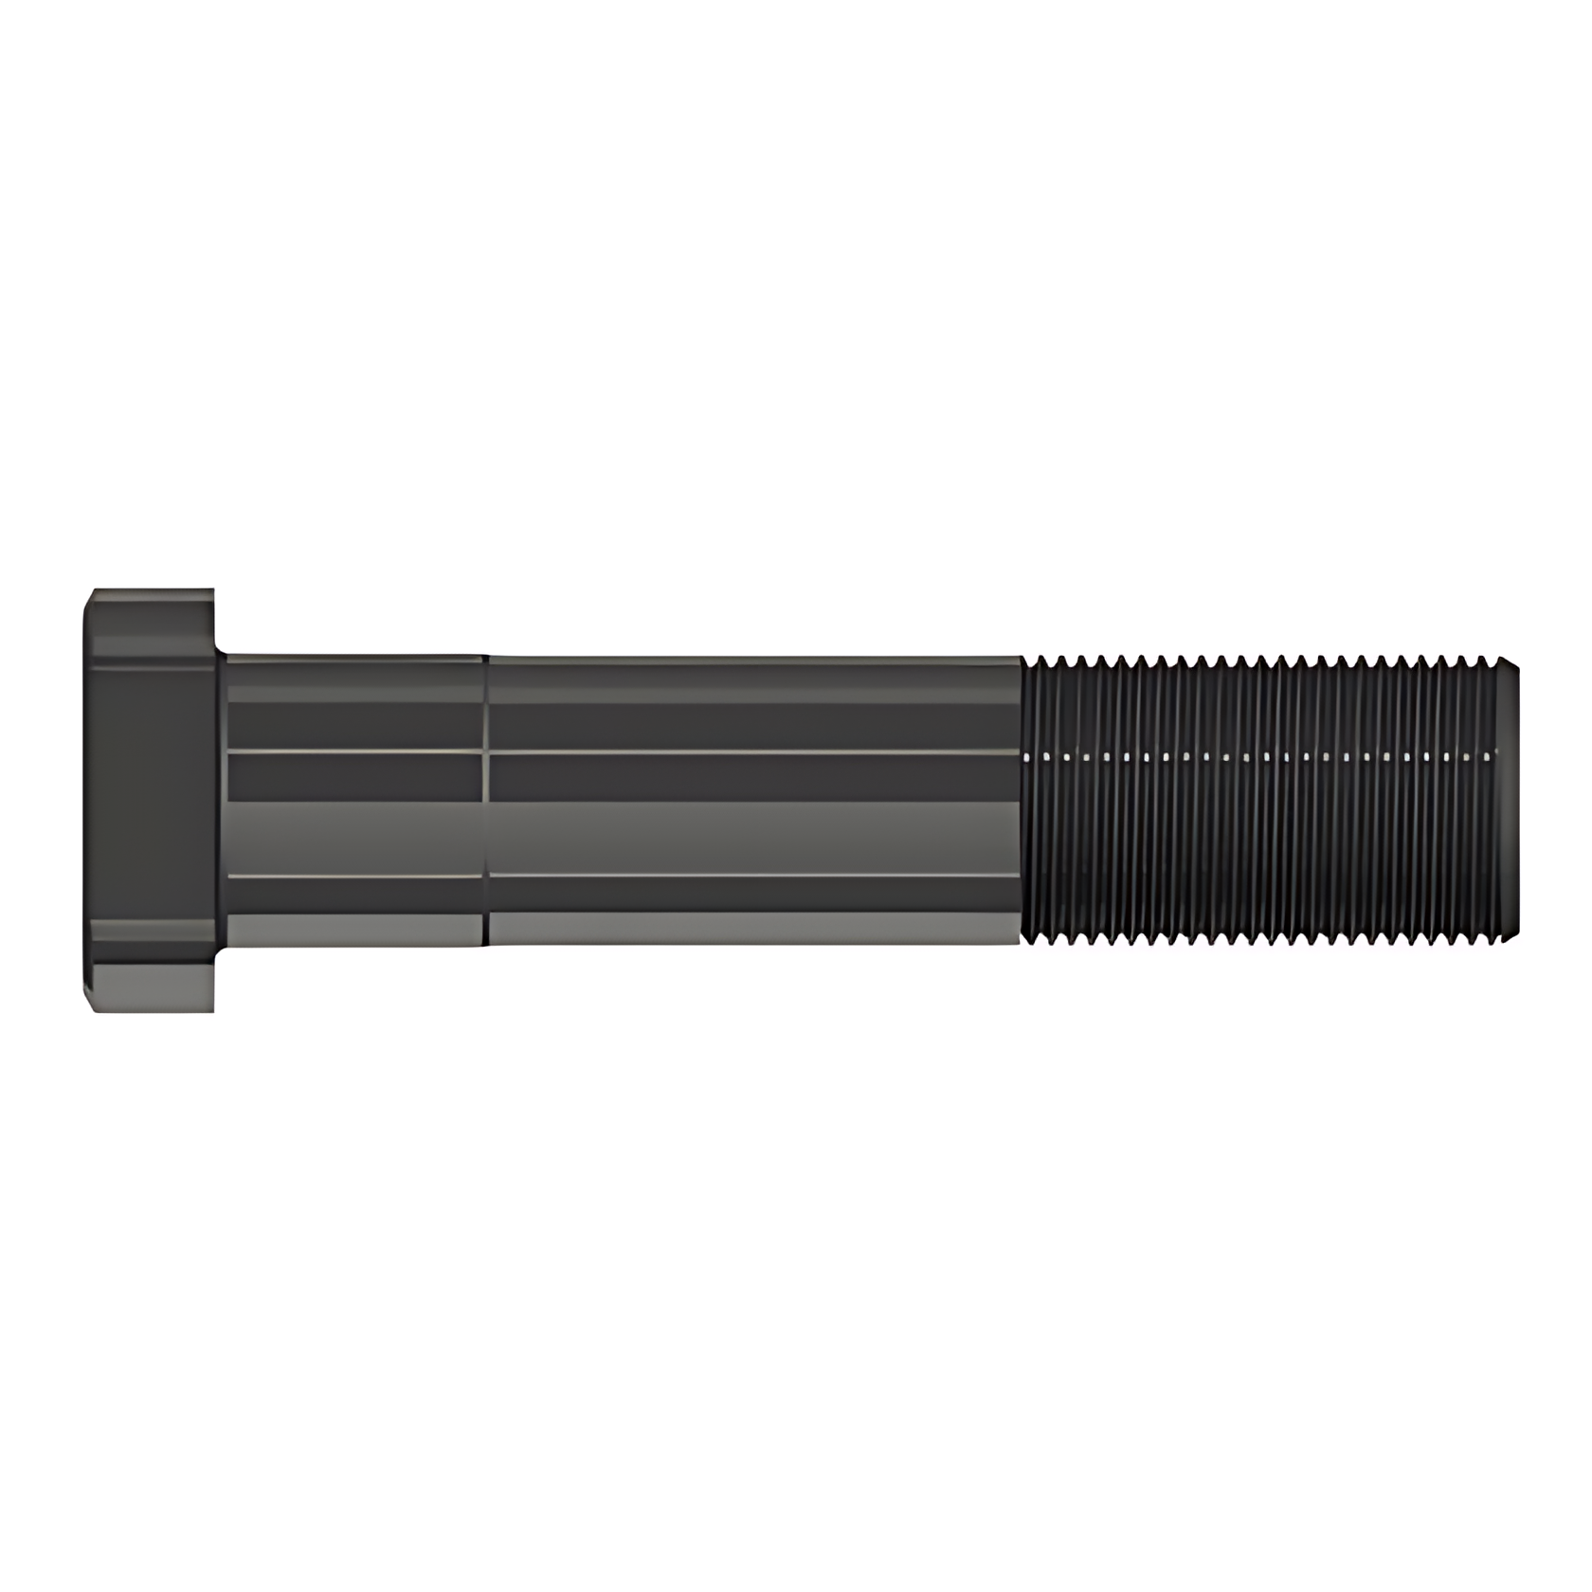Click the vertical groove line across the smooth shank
pyautogui.click(x=485, y=801)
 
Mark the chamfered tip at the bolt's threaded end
pyautogui.click(x=1514, y=801)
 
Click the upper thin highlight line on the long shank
pyautogui.click(x=753, y=751)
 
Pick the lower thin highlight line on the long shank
pyautogui.click(x=753, y=875)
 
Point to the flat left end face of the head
pyautogui.click(x=85, y=801)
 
